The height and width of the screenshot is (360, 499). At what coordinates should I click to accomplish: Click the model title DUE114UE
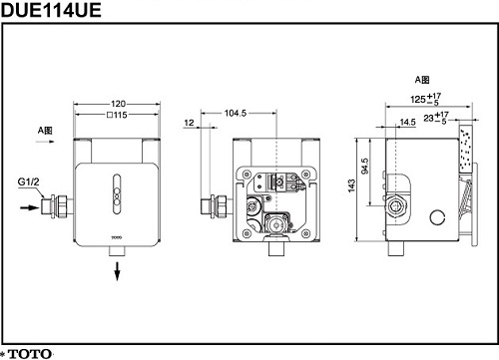[x=51, y=10]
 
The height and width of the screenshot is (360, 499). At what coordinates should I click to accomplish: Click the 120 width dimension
[x=118, y=104]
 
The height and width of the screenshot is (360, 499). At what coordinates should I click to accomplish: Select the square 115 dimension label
[x=117, y=115]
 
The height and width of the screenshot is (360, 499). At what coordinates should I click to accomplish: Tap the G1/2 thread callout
[x=28, y=181]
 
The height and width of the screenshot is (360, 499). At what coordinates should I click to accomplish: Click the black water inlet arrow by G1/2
[x=30, y=207]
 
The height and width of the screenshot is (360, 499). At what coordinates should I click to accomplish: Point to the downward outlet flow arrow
[x=117, y=271]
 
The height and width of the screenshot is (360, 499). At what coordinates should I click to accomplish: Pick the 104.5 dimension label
[x=236, y=113]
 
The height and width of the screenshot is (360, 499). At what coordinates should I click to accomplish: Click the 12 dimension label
[x=189, y=123]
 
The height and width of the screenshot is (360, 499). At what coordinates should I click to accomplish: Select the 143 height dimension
[x=351, y=185]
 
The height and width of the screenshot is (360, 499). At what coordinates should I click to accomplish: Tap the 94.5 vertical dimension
[x=365, y=166]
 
